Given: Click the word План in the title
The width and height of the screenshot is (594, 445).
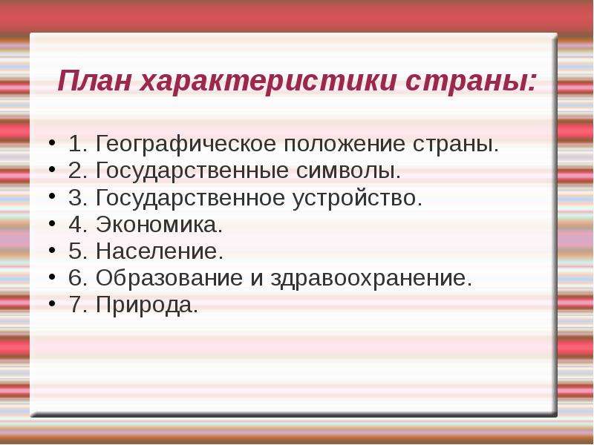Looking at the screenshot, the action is click(x=94, y=80).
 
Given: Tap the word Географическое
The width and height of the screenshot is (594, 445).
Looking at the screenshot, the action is click(x=186, y=144).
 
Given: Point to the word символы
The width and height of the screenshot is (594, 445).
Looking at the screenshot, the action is click(x=348, y=171).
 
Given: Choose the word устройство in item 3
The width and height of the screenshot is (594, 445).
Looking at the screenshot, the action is click(x=357, y=198).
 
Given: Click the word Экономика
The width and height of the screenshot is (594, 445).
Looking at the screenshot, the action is click(x=159, y=224).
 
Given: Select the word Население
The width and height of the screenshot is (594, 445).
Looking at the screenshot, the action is click(x=160, y=251).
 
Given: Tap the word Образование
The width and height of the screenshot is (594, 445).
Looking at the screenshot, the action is click(x=169, y=278).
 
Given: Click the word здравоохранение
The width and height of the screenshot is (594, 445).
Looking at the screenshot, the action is click(x=371, y=279).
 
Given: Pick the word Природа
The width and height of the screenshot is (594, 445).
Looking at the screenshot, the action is click(x=146, y=305).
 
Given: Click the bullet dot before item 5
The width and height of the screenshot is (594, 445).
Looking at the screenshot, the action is click(x=52, y=250).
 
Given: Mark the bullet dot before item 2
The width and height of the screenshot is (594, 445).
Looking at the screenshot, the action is click(x=52, y=170).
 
